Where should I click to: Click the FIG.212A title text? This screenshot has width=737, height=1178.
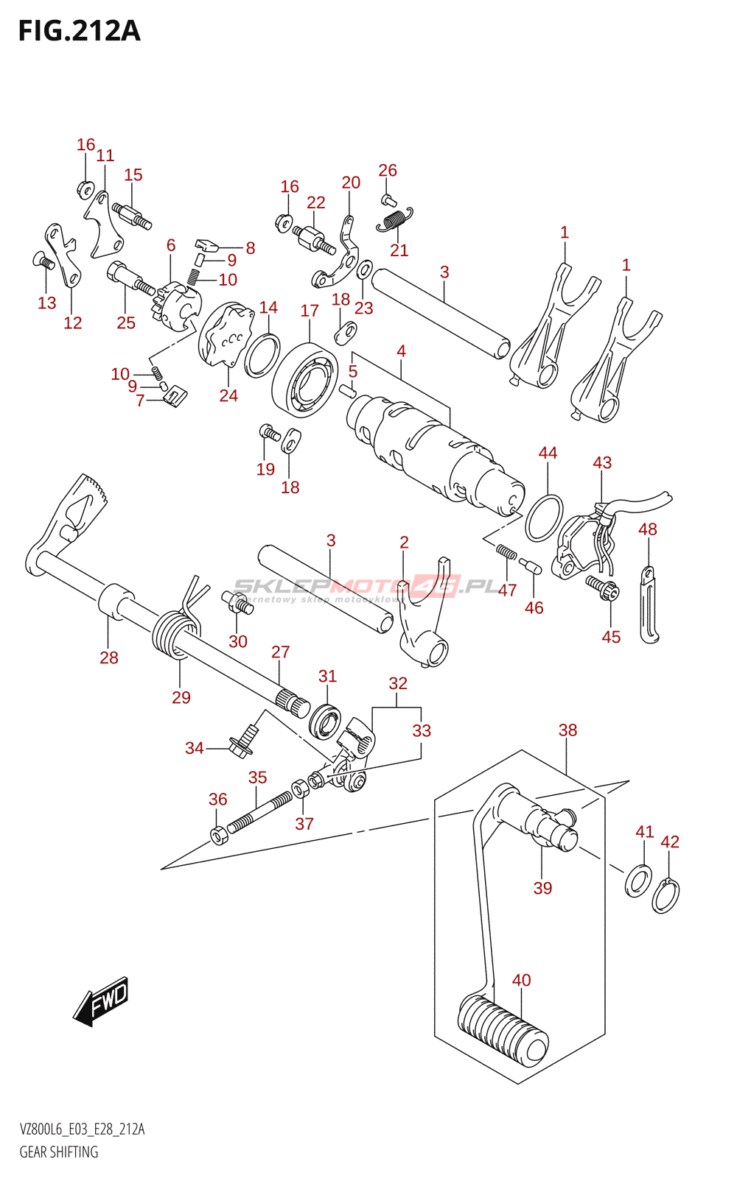[79, 31]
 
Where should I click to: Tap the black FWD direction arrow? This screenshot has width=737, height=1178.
[101, 1001]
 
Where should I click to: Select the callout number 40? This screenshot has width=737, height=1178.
[521, 980]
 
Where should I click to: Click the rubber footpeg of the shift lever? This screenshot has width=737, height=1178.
[503, 1030]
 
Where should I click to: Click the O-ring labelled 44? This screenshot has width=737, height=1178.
[544, 517]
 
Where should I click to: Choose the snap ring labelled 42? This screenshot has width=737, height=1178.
[666, 896]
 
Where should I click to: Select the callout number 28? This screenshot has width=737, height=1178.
[109, 657]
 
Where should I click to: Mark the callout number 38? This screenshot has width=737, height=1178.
[567, 730]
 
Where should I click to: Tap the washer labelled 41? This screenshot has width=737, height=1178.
[638, 881]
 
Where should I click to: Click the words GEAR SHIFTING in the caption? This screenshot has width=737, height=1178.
[59, 1152]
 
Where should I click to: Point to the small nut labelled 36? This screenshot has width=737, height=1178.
[218, 836]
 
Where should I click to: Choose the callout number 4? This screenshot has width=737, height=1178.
[401, 351]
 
